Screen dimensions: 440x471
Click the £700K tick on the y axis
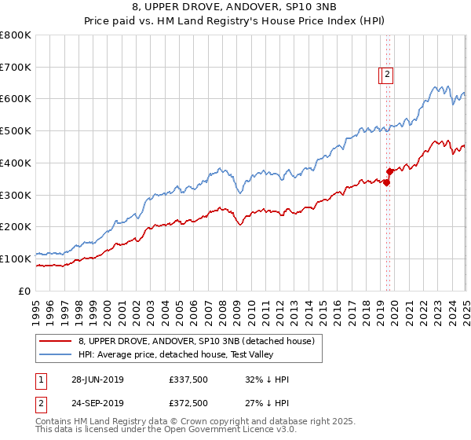pyautogui.click(x=16, y=68)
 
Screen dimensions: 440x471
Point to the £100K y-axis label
pyautogui.click(x=16, y=258)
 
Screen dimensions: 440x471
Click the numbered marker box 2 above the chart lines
pyautogui.click(x=388, y=75)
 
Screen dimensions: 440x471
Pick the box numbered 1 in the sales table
pyautogui.click(x=39, y=380)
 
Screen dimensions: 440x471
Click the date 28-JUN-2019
pyautogui.click(x=97, y=380)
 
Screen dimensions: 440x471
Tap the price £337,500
pyautogui.click(x=188, y=380)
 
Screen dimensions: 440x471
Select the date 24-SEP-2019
pyautogui.click(x=97, y=403)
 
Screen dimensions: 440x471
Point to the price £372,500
pyautogui.click(x=188, y=403)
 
